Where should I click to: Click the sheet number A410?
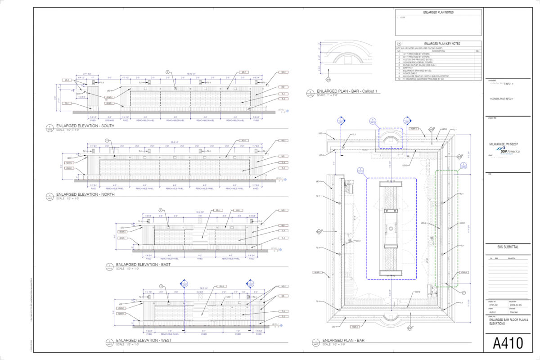click(x=508, y=343)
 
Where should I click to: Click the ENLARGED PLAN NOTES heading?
click(x=438, y=13)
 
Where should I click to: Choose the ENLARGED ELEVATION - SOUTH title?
click(x=85, y=126)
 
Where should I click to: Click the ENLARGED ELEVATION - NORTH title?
click(x=85, y=194)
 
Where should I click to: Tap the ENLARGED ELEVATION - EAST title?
click(x=144, y=264)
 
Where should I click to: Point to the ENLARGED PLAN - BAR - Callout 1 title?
click(x=348, y=91)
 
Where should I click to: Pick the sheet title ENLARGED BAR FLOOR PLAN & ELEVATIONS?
click(x=506, y=321)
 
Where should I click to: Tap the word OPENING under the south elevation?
click(x=109, y=120)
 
